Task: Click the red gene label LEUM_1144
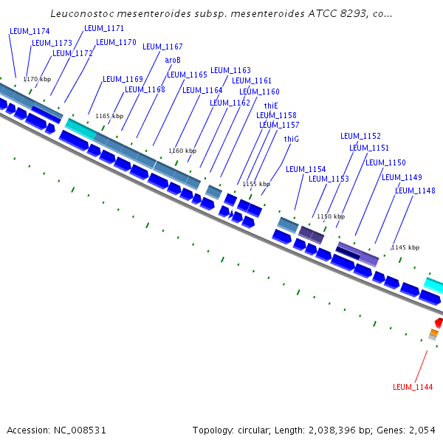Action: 413,387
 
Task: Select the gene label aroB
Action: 173,60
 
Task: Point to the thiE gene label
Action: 271,106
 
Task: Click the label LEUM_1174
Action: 30,32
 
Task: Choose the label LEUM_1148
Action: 415,190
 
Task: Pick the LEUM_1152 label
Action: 360,136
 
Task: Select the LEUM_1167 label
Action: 162,47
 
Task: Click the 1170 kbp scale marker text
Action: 37,78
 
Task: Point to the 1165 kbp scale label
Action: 109,116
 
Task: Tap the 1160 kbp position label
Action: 182,151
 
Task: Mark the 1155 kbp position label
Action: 256,184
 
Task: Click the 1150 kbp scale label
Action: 331,216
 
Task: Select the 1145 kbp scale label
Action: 405,247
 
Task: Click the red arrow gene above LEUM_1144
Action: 439,323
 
